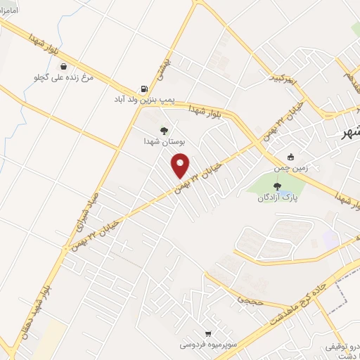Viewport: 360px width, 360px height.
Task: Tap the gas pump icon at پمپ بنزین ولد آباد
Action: tap(144, 89)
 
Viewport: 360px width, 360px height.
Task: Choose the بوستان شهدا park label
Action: tap(164, 141)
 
